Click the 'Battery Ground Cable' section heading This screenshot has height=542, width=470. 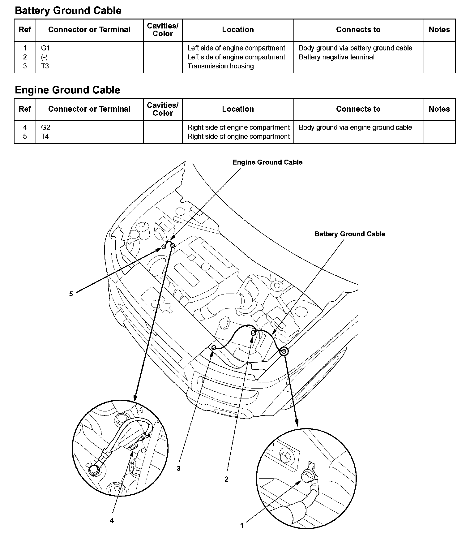pyautogui.click(x=68, y=11)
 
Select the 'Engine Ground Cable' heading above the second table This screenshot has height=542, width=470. pyautogui.click(x=67, y=90)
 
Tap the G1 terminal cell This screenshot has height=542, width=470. pyautogui.click(x=45, y=48)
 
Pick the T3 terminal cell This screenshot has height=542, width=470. pyautogui.click(x=45, y=66)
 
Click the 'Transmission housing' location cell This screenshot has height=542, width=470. pyautogui.click(x=220, y=66)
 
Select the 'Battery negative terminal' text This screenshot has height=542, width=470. pyautogui.click(x=336, y=57)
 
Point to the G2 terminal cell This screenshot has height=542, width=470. pyautogui.click(x=45, y=127)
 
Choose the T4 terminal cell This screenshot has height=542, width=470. pyautogui.click(x=45, y=136)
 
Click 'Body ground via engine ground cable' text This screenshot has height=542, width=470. pyautogui.click(x=355, y=127)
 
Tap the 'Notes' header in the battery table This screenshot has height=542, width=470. pyautogui.click(x=439, y=30)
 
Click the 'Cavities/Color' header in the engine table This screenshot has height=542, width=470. pyautogui.click(x=163, y=109)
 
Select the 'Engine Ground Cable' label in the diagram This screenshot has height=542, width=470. pyautogui.click(x=267, y=162)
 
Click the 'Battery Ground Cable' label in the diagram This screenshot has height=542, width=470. pyautogui.click(x=350, y=234)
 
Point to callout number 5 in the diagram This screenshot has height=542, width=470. pyautogui.click(x=71, y=294)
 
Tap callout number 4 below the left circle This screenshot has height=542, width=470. pyautogui.click(x=112, y=520)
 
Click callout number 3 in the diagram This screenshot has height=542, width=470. pyautogui.click(x=178, y=468)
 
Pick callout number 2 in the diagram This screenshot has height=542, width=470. pyautogui.click(x=226, y=479)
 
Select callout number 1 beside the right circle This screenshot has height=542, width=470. pyautogui.click(x=242, y=525)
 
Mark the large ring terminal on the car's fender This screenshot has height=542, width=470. pyautogui.click(x=284, y=351)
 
